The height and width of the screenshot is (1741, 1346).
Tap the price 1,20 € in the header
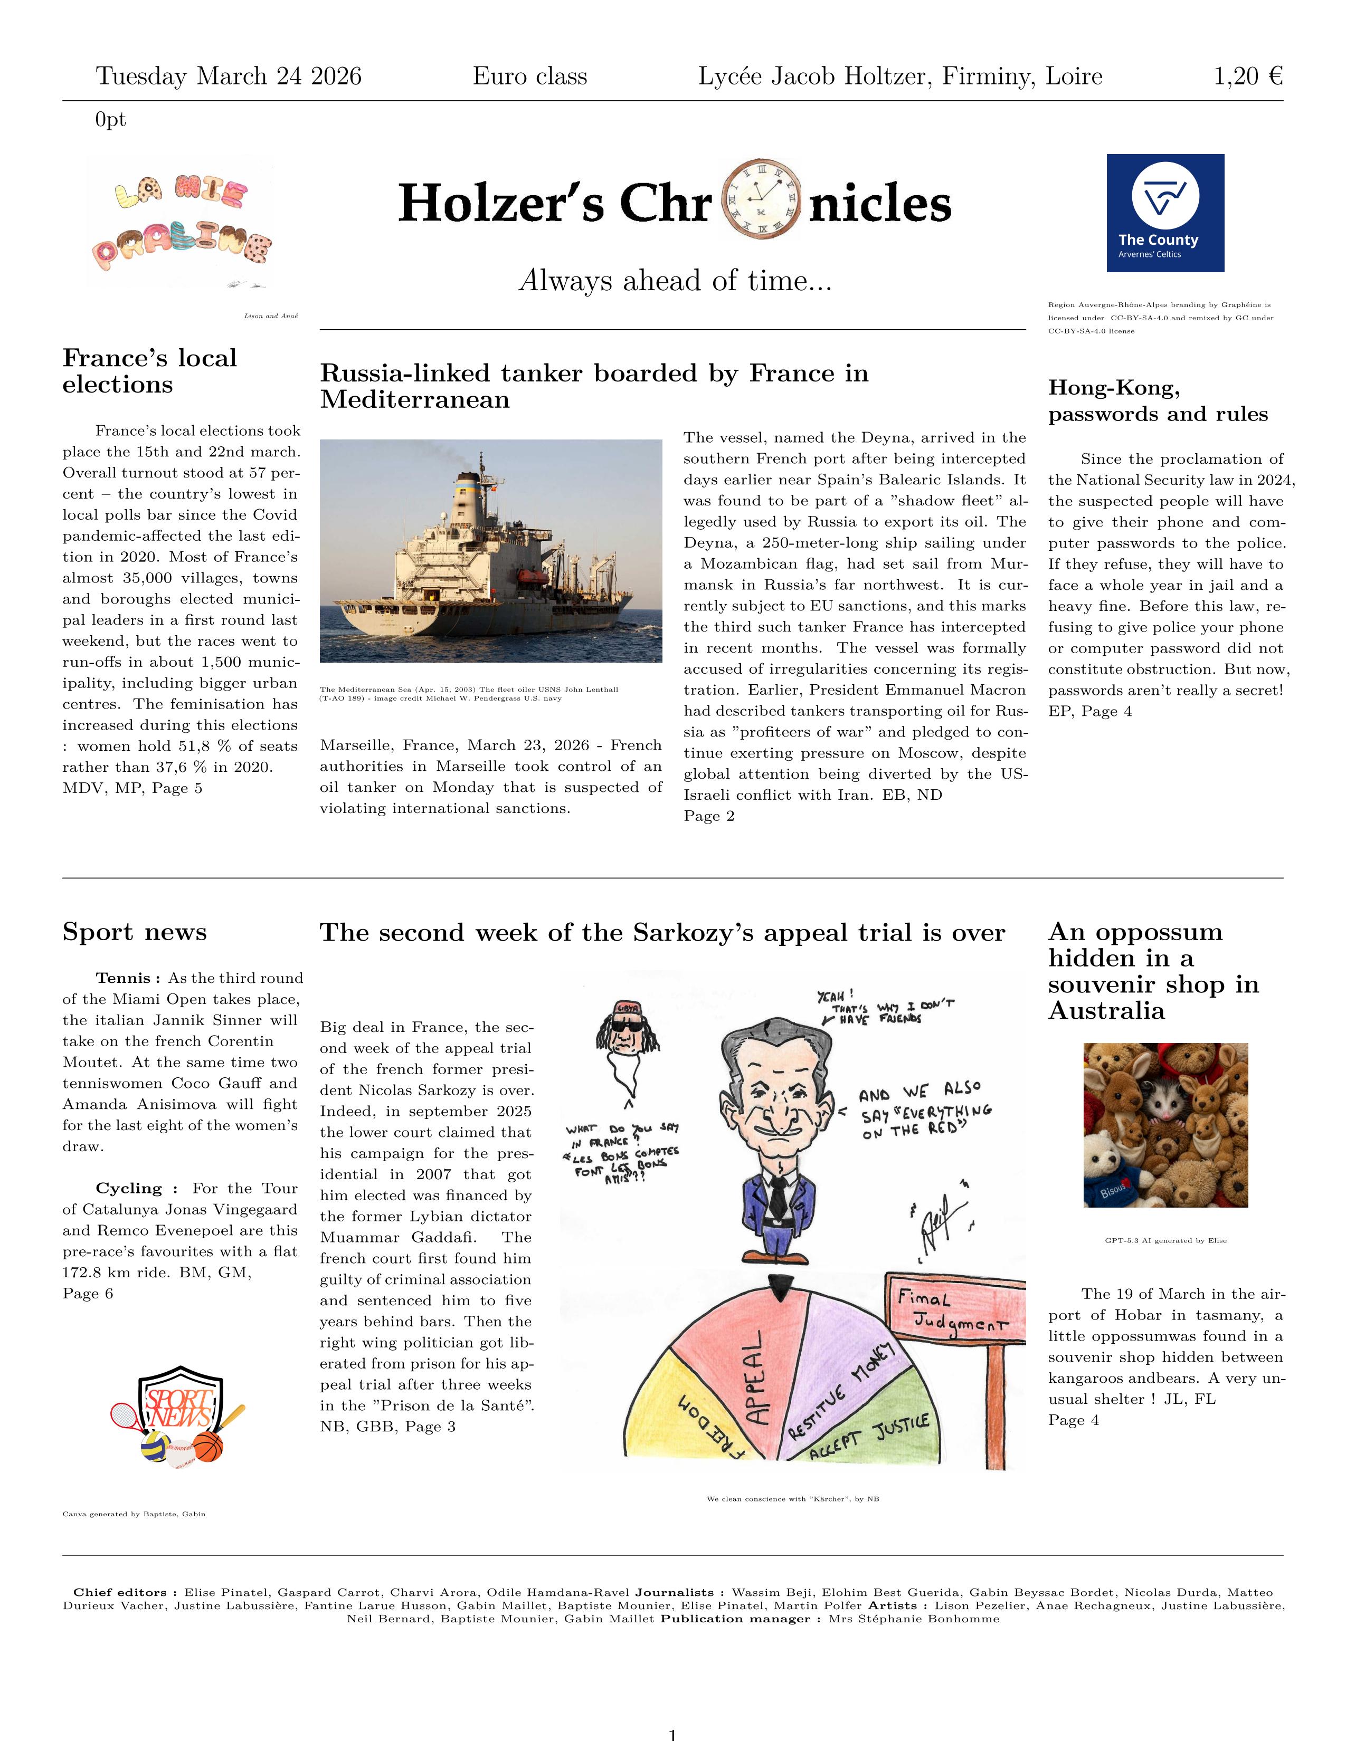(x=1247, y=76)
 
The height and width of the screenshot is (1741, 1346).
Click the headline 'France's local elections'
(x=150, y=371)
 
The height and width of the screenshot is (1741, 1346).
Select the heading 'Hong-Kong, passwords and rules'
(x=1157, y=400)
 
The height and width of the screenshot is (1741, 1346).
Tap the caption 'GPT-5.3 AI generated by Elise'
(x=1165, y=1240)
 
